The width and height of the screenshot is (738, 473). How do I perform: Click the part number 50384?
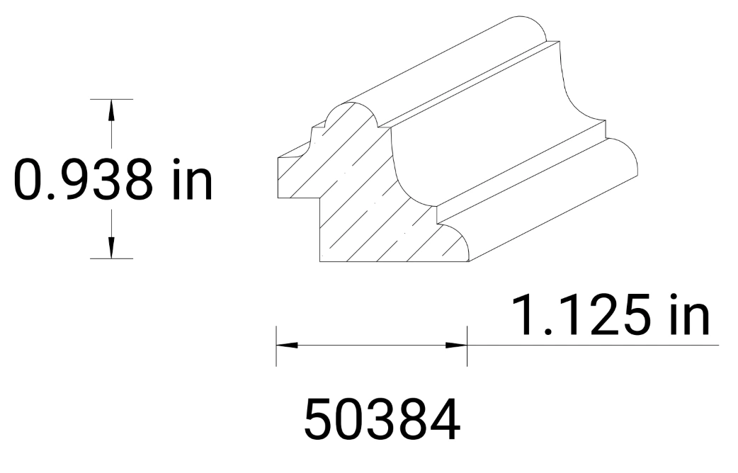(x=382, y=419)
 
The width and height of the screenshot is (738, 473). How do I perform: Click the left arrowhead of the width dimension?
(x=287, y=346)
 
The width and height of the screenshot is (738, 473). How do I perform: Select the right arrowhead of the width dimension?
(x=456, y=346)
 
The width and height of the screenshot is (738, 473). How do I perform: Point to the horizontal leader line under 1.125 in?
(x=595, y=346)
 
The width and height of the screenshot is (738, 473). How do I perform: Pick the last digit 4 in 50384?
(x=444, y=419)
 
